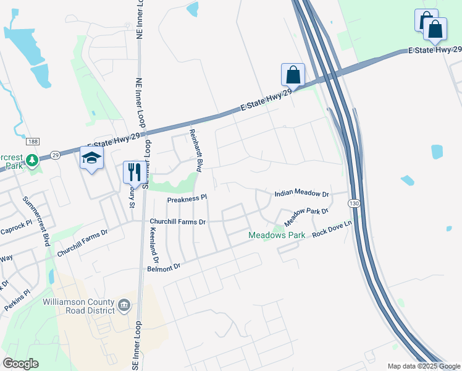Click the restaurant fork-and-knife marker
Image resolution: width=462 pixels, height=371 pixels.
coord(134,171)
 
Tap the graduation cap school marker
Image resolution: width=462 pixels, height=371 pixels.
coord(91,158)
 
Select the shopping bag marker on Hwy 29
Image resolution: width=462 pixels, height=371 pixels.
coord(293,75)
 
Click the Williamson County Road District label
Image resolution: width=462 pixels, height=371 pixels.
coord(78,305)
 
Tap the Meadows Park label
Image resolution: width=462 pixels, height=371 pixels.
coord(277,236)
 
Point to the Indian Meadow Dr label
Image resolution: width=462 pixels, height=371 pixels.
coord(302,194)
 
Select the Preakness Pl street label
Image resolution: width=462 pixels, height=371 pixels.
coord(187,199)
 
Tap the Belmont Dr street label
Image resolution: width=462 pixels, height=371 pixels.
coord(163,267)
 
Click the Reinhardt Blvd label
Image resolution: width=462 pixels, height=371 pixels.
coord(196,151)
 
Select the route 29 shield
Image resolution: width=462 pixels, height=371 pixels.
coord(54,155)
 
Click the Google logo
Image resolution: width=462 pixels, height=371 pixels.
coord(20,364)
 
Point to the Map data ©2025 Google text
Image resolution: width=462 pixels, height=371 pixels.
coord(423,366)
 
